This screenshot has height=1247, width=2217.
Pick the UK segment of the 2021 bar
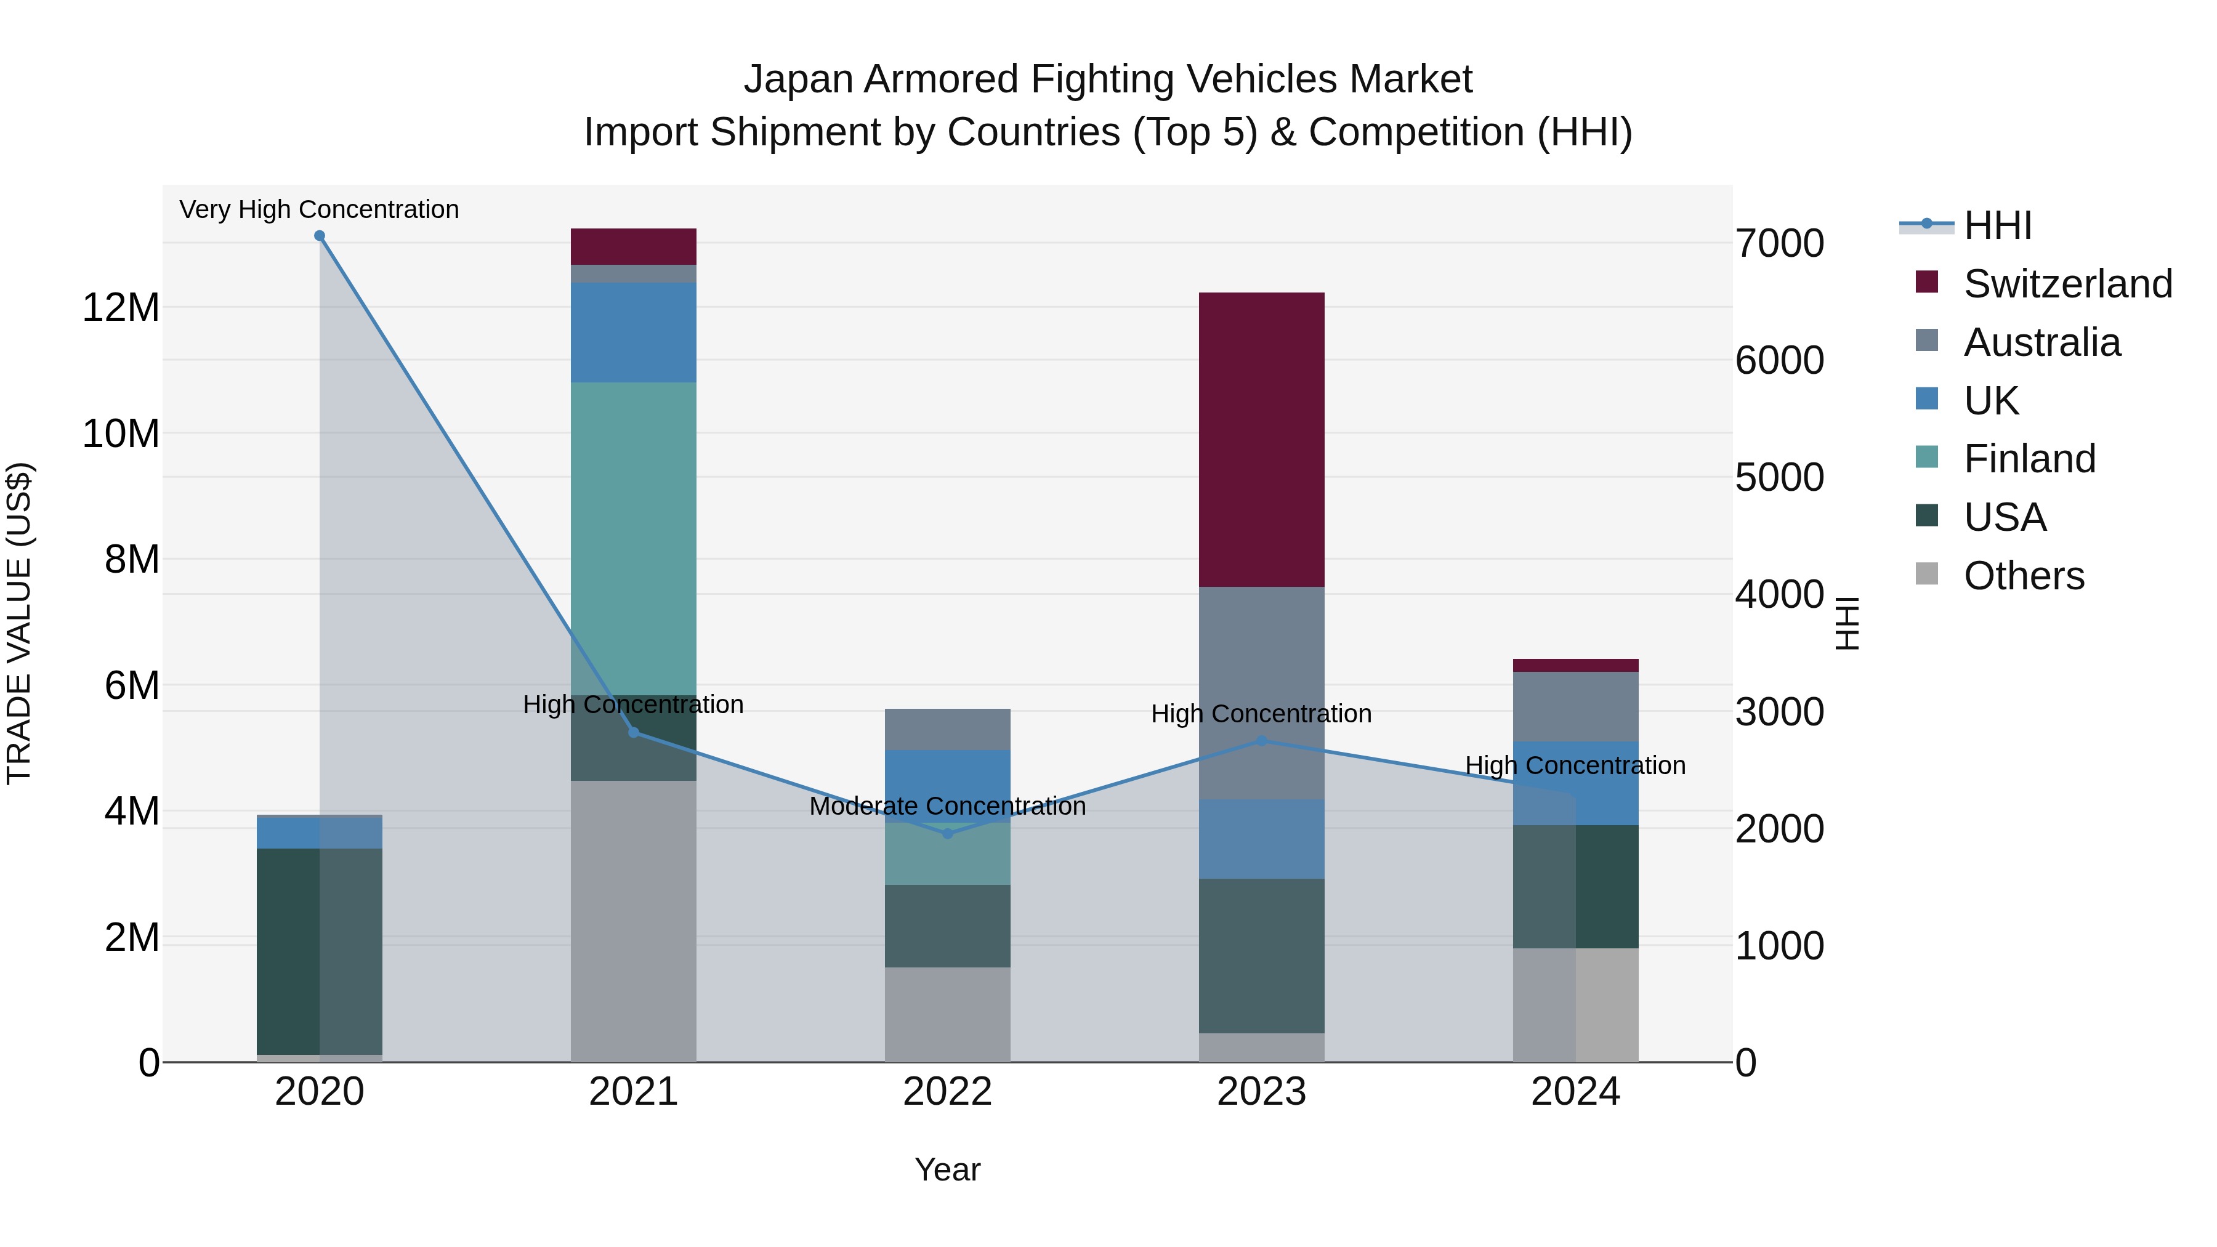[634, 332]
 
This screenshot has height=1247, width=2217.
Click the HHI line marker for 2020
[319, 236]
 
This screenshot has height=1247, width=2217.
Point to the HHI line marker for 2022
[948, 833]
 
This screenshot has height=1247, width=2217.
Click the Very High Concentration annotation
[319, 209]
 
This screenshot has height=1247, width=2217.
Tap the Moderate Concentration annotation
[948, 806]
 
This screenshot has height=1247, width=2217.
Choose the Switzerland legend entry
[2067, 284]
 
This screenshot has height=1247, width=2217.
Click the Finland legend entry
[2029, 459]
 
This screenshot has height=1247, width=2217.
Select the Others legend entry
[2024, 576]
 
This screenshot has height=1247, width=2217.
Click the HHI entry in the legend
[1997, 225]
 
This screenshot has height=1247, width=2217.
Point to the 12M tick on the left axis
[121, 307]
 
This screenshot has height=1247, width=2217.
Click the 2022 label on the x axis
[948, 1092]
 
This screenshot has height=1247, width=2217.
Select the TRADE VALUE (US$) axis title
[19, 623]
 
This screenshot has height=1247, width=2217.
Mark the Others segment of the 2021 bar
[634, 921]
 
